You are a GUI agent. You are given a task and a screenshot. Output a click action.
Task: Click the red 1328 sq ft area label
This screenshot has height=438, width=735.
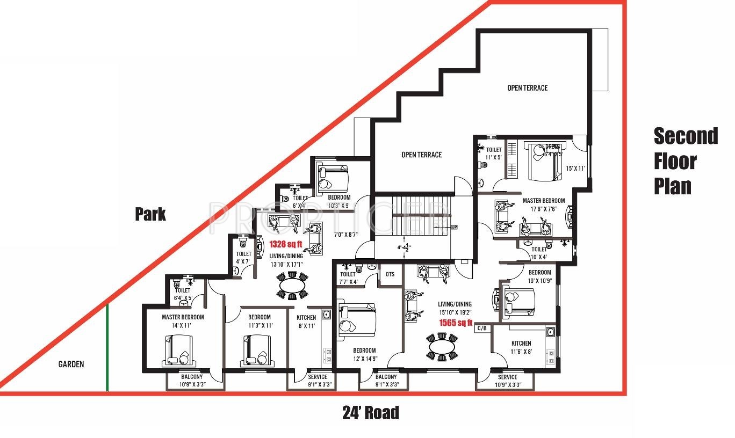[285, 244]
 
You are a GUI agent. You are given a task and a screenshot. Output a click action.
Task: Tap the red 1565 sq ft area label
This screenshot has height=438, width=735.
[455, 323]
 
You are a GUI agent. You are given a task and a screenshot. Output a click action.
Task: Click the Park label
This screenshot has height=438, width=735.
[150, 215]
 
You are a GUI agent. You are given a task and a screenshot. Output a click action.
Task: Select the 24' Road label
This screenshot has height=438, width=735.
[371, 413]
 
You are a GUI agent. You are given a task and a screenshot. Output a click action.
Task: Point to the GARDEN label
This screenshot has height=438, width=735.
[71, 364]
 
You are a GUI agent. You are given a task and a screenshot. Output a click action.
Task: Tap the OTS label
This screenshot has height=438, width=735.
[390, 274]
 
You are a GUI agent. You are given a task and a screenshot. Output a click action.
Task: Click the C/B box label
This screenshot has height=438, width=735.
[481, 328]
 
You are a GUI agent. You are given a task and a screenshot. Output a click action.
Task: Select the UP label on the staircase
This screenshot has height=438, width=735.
[454, 227]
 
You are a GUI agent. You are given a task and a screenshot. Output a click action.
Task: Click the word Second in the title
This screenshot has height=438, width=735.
[686, 136]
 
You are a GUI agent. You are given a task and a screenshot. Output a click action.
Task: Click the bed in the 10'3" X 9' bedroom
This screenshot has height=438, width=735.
[333, 177]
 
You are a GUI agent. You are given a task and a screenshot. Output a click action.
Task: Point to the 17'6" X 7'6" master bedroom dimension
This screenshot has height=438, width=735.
[544, 209]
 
